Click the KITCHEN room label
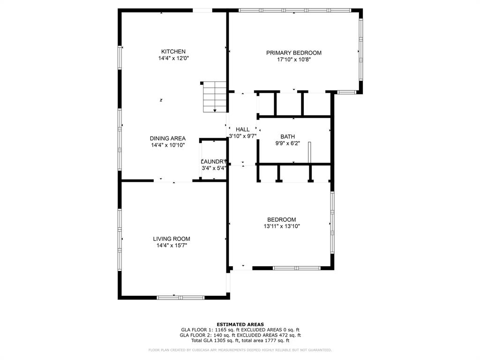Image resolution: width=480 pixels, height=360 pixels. tap(173, 52)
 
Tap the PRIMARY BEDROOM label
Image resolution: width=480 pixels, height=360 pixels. tap(294, 53)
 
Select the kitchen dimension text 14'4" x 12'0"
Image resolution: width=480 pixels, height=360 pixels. tap(173, 59)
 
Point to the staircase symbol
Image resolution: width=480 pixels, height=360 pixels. tap(215, 97)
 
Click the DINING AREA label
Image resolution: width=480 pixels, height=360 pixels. tap(167, 138)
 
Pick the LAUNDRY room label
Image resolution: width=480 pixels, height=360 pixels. tap(213, 162)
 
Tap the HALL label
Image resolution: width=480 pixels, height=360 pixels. tap(242, 129)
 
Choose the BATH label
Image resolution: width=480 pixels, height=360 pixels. tap(288, 137)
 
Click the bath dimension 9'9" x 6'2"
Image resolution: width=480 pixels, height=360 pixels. tap(287, 144)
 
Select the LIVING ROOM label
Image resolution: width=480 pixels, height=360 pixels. tap(172, 239)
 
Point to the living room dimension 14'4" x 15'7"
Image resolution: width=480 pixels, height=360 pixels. tap(172, 246)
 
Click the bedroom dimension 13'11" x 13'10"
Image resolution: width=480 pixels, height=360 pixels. tap(281, 226)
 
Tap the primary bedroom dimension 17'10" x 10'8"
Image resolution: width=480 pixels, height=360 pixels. tap(294, 60)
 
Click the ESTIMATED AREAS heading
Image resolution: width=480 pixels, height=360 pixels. tap(240, 324)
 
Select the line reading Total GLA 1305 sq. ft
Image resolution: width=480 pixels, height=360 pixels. tap(240, 341)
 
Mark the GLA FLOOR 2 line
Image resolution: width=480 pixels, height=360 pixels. tap(240, 335)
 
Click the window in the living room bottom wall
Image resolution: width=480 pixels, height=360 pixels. tap(180, 297)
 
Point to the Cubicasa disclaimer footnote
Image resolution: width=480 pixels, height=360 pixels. tap(240, 350)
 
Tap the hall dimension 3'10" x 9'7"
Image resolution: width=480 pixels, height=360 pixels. tap(242, 136)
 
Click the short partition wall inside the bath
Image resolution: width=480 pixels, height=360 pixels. tap(309, 153)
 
